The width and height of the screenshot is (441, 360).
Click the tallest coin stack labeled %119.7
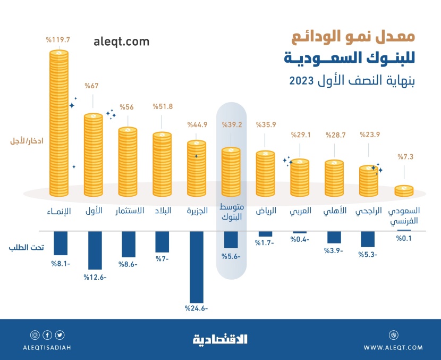59,122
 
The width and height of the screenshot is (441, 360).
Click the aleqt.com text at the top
121,41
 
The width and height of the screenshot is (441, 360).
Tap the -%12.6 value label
94,277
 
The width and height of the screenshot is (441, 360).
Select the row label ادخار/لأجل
26,141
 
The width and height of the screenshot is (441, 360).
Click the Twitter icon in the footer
60,335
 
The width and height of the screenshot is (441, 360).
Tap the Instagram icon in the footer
35,335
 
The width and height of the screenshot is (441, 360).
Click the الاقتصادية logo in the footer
220,339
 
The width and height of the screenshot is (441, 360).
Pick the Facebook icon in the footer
47,335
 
